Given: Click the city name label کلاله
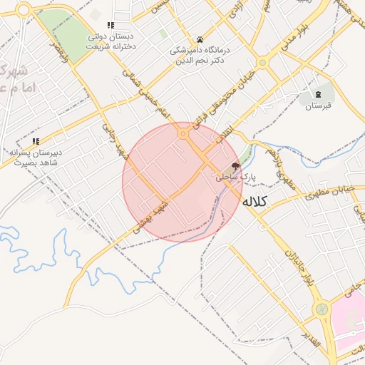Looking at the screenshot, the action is click(x=253, y=202).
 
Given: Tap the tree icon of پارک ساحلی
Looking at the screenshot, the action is click(x=236, y=165).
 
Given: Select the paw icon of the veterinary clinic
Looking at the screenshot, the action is click(x=200, y=39).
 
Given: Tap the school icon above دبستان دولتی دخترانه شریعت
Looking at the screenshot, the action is click(x=110, y=25).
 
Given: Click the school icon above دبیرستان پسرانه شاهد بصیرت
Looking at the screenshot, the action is click(x=36, y=141).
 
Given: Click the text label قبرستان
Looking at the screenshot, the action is click(x=319, y=107).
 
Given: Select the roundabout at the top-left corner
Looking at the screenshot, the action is click(x=24, y=9).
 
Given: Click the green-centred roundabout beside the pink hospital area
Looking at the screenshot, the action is click(x=322, y=309).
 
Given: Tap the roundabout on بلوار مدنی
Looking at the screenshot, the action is click(x=262, y=63).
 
